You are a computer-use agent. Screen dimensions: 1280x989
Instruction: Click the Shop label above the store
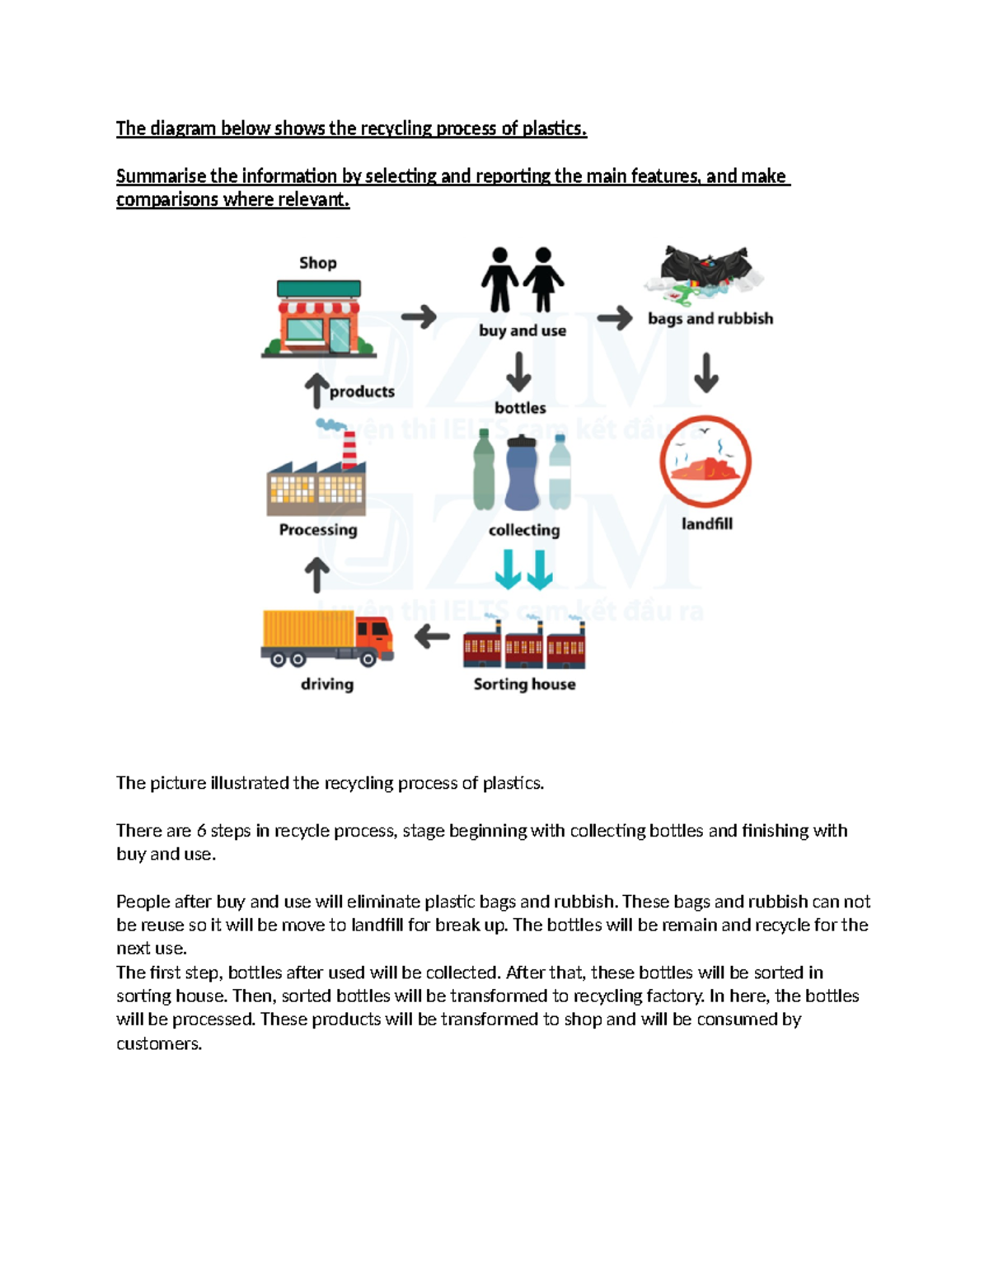pyautogui.click(x=317, y=263)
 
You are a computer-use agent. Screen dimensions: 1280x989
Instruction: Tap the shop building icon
pyautogui.click(x=319, y=320)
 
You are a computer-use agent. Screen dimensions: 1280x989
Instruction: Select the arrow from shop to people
pyautogui.click(x=419, y=316)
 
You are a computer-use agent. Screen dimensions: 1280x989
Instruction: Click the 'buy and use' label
pyautogui.click(x=523, y=331)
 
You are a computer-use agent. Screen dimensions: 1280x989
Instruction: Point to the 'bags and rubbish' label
pyautogui.click(x=710, y=319)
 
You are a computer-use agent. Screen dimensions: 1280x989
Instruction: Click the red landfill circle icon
pyautogui.click(x=705, y=462)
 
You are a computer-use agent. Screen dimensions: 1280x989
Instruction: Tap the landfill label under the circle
pyautogui.click(x=706, y=523)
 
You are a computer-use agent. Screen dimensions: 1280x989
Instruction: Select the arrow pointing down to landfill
pyautogui.click(x=706, y=373)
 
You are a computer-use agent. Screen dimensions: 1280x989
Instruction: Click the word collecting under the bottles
pyautogui.click(x=524, y=530)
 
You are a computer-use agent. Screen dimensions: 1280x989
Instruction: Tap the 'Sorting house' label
pyautogui.click(x=524, y=684)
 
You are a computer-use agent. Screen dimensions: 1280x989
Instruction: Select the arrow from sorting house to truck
pyautogui.click(x=432, y=636)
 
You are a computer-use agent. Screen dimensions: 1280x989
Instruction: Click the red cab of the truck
pyautogui.click(x=375, y=636)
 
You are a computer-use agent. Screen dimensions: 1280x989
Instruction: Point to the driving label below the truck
pyautogui.click(x=327, y=684)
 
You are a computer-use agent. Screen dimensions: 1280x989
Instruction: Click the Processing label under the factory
pyautogui.click(x=318, y=530)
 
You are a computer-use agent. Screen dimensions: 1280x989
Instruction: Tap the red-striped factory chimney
pyautogui.click(x=349, y=449)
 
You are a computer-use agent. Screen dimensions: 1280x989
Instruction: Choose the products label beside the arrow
pyautogui.click(x=362, y=392)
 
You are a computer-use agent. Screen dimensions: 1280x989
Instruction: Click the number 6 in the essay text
pyautogui.click(x=201, y=831)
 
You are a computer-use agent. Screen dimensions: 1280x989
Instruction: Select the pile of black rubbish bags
pyautogui.click(x=705, y=265)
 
